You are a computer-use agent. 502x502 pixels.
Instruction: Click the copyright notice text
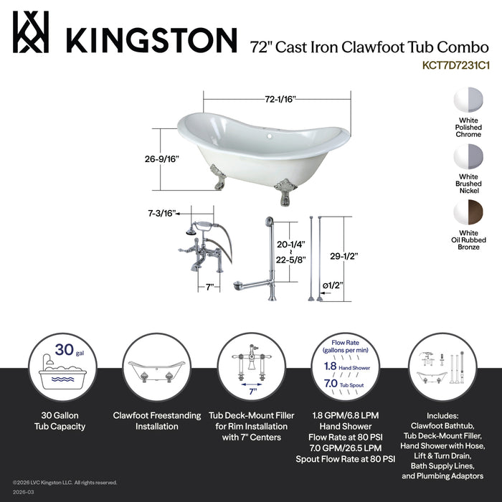pyautogui.click(x=65, y=482)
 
